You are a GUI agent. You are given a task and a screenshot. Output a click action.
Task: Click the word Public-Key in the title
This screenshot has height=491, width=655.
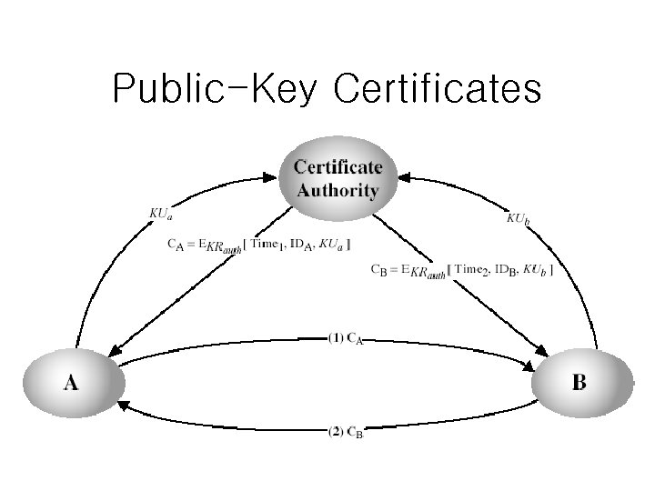217,90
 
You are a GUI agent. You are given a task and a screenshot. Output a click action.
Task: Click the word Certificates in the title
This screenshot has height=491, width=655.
438,90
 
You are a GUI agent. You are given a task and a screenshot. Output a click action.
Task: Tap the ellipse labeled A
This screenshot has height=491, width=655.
70,383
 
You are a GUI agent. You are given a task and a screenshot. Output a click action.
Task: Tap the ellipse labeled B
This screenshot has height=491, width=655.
580,383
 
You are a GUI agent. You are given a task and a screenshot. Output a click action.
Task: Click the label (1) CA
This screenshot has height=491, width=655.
346,338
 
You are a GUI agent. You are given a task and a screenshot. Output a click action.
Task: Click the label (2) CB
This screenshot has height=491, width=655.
346,432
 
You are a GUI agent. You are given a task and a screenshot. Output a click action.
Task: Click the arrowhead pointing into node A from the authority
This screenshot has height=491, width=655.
116,350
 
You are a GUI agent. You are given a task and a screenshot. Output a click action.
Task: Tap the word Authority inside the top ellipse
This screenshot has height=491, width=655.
338,190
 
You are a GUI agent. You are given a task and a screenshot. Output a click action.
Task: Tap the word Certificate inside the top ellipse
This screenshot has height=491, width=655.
338,167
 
